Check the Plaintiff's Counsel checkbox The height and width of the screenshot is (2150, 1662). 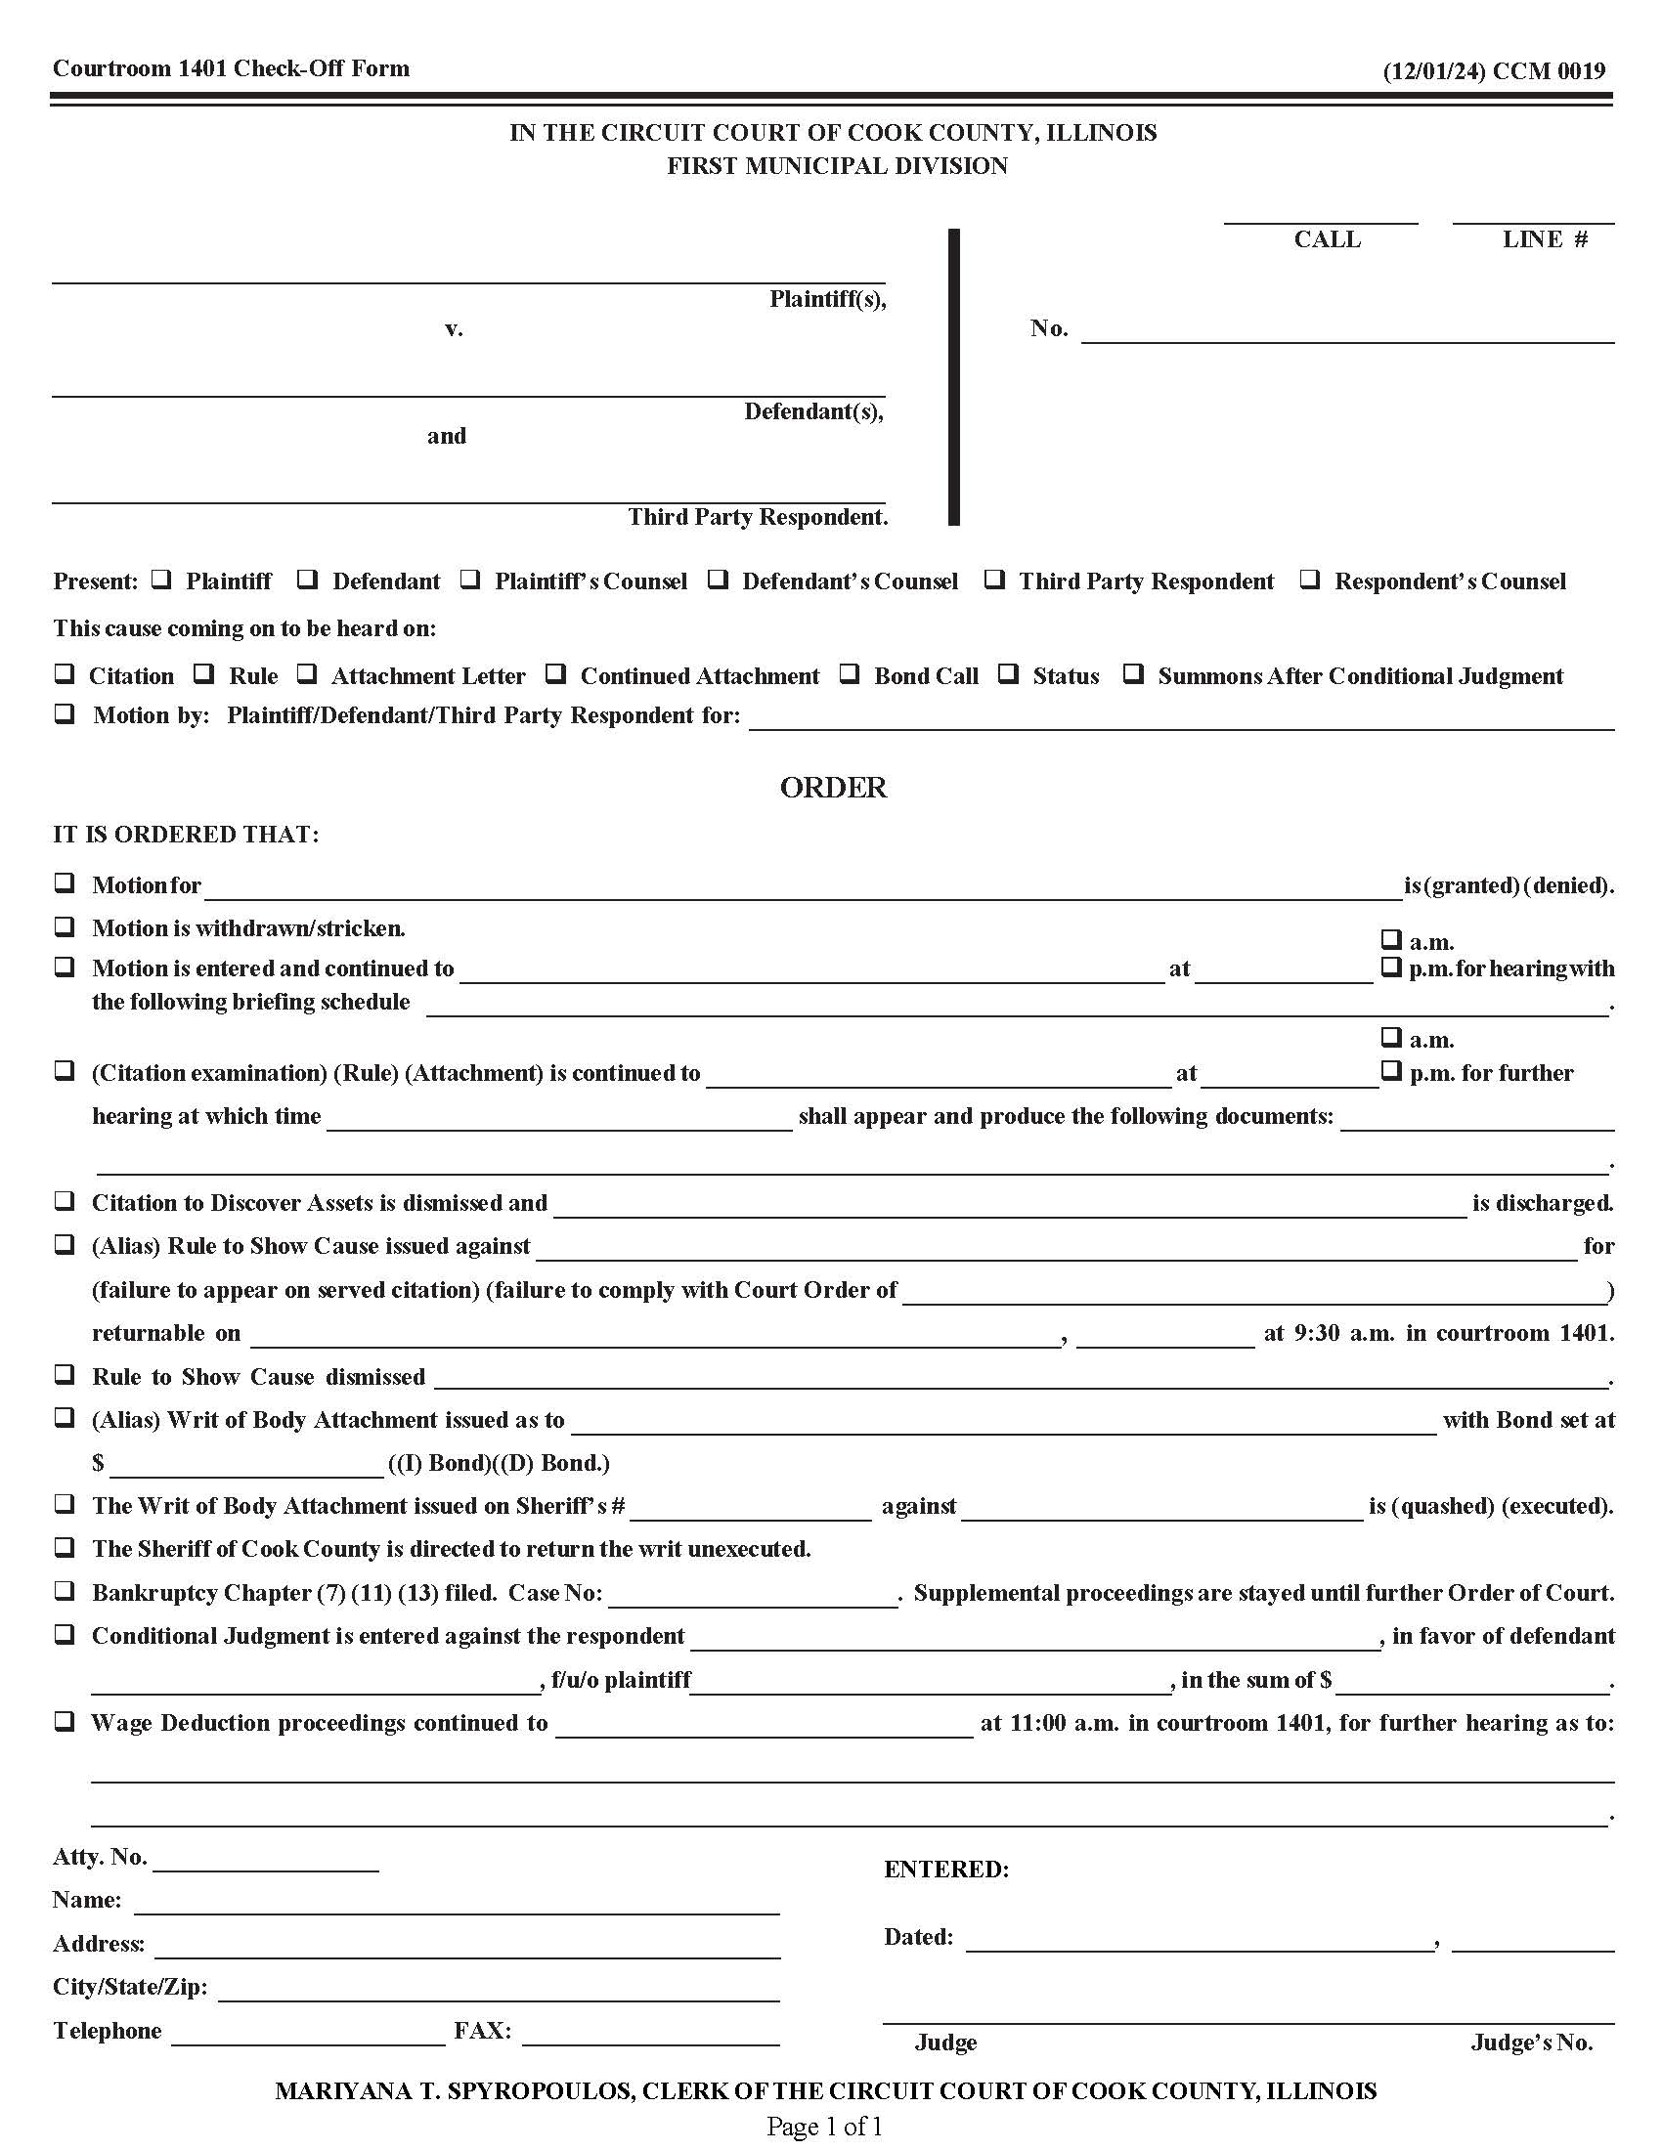point(470,580)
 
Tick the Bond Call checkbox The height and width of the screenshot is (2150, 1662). point(850,674)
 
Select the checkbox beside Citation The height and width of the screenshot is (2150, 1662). point(64,674)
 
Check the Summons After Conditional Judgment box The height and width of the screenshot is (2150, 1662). point(1134,674)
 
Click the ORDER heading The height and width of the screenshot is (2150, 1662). point(833,788)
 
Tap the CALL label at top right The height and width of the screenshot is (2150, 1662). point(1327,239)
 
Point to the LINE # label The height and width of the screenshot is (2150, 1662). point(1544,239)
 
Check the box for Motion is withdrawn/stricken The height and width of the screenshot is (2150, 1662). point(64,926)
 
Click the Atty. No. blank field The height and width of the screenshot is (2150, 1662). point(266,1860)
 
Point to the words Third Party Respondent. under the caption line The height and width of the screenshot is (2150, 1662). point(757,517)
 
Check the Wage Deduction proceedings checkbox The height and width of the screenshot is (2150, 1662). point(64,1722)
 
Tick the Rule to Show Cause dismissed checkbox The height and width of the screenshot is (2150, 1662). point(64,1374)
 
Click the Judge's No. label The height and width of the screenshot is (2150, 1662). point(1531,2042)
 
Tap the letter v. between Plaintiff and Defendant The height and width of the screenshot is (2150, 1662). point(453,328)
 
